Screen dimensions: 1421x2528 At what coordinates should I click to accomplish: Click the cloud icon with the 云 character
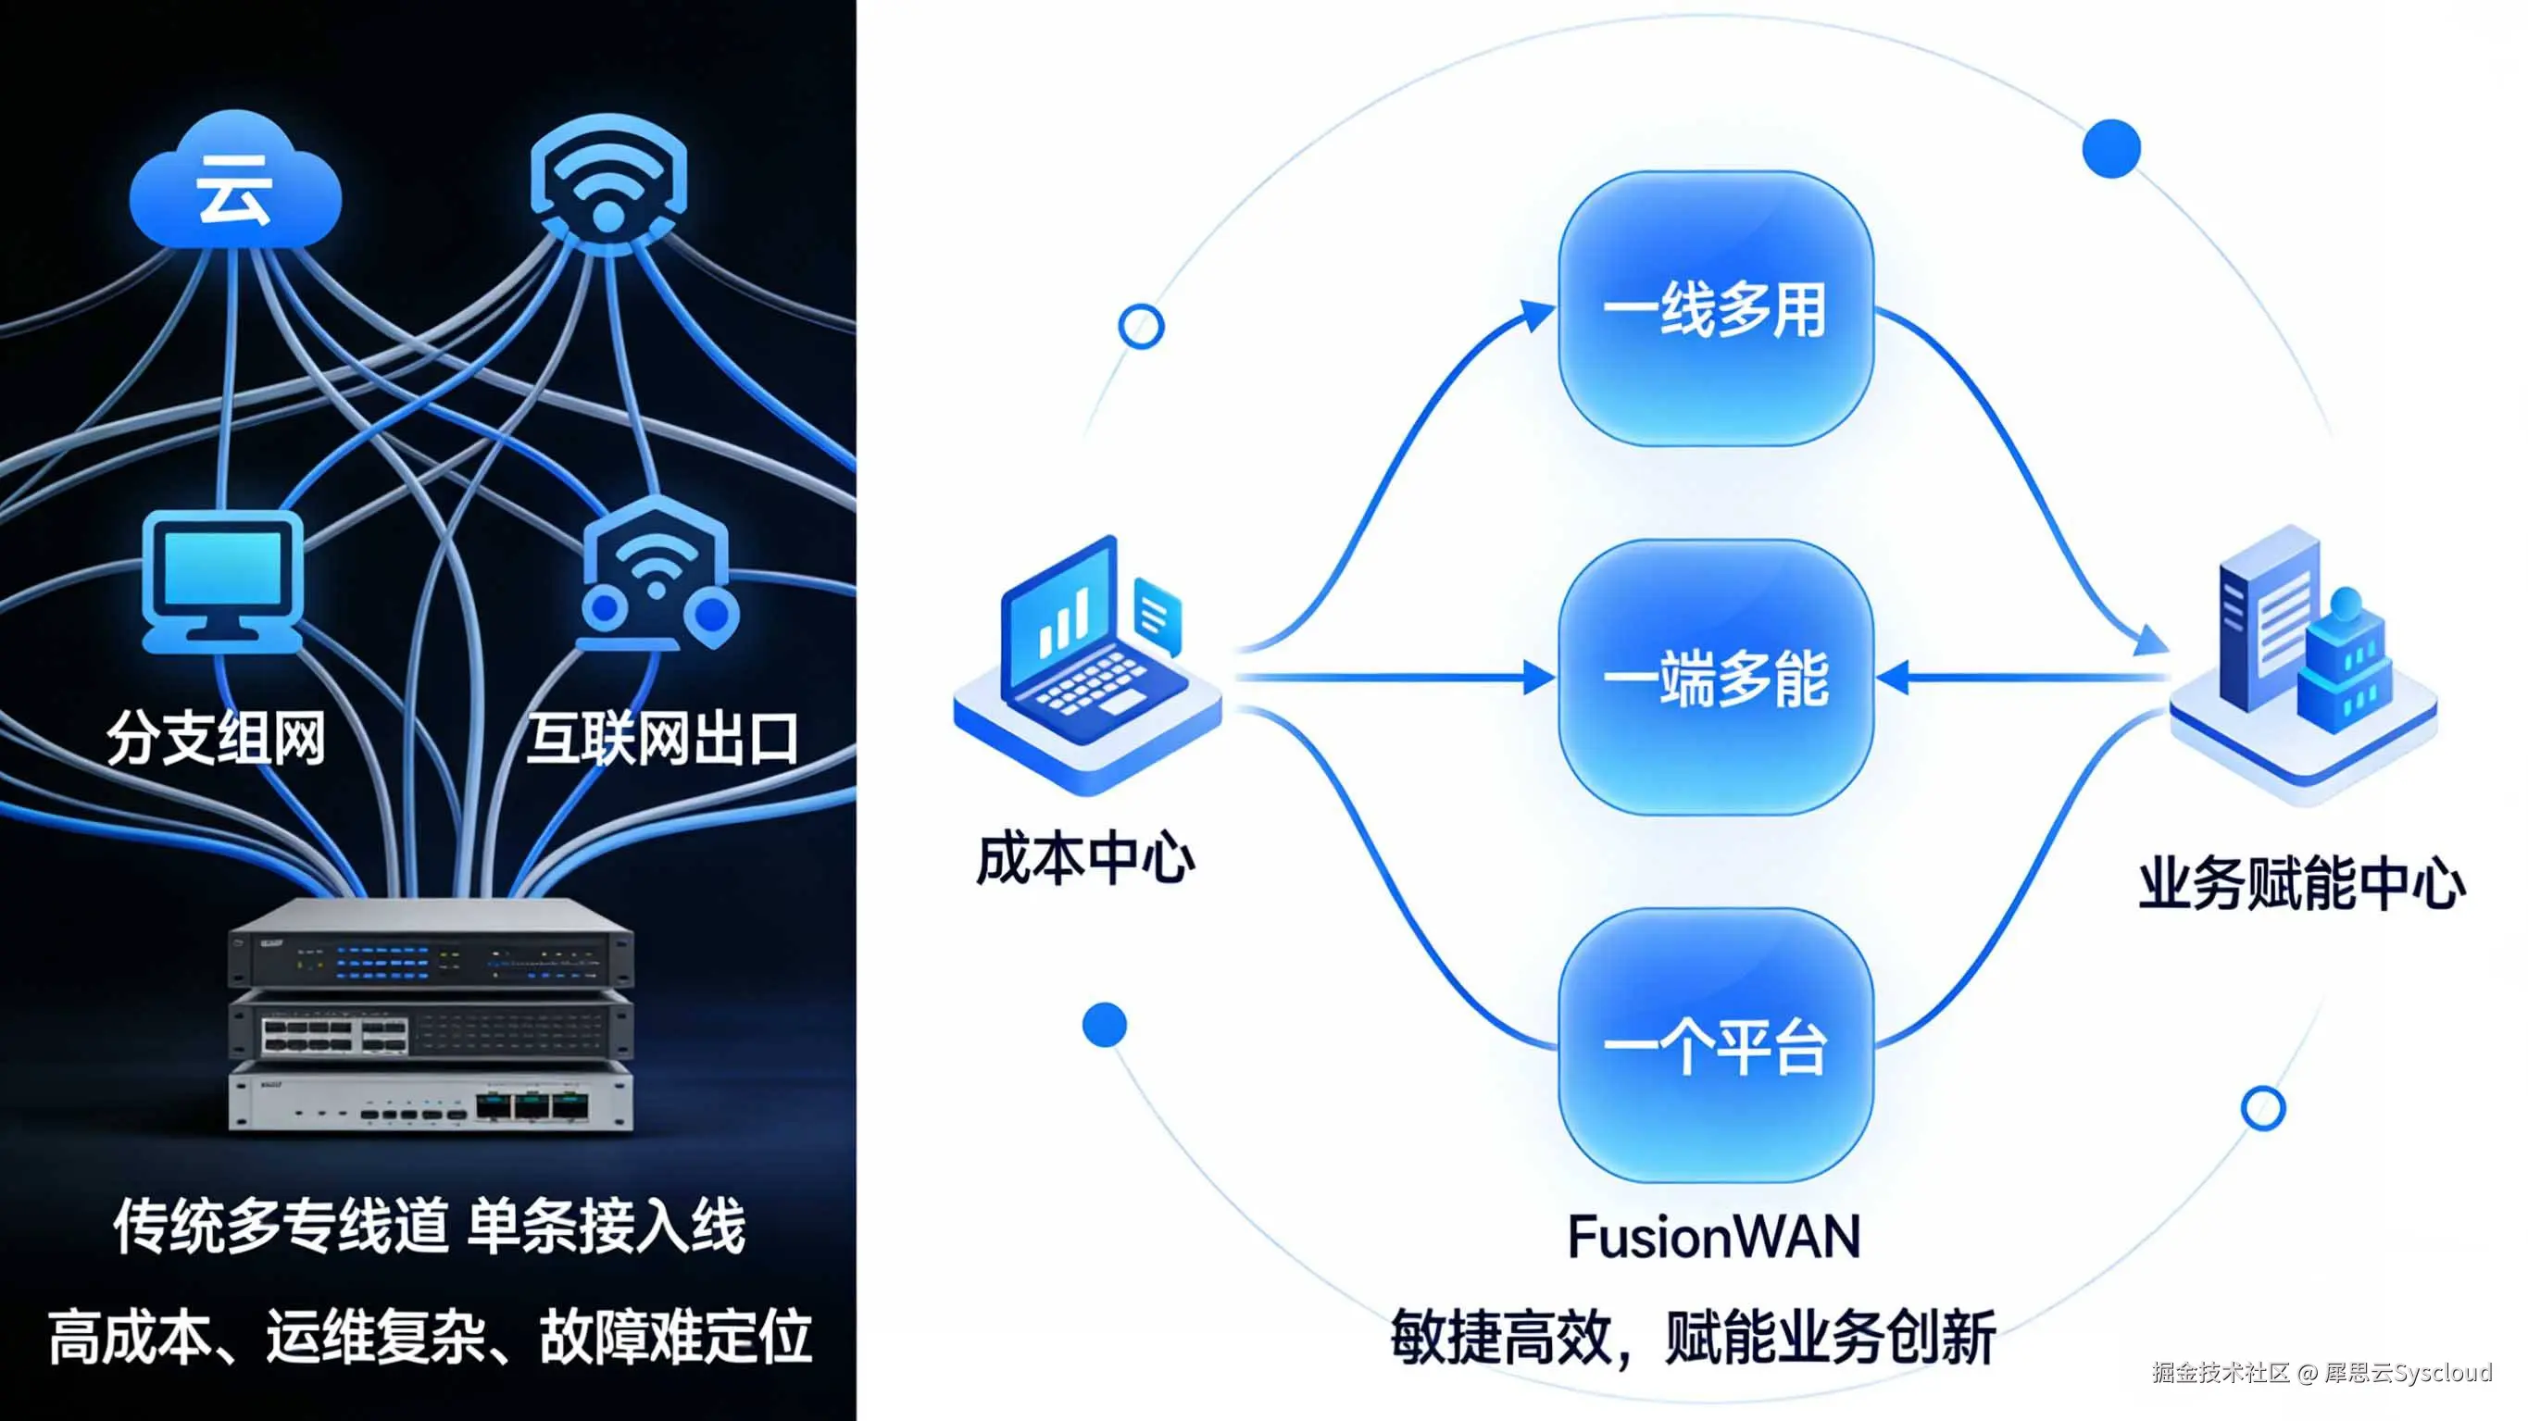[235, 181]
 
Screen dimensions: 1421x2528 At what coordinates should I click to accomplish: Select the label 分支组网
[216, 738]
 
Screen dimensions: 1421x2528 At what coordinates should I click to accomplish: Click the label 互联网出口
[662, 738]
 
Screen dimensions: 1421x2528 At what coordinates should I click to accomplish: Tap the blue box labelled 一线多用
[1715, 309]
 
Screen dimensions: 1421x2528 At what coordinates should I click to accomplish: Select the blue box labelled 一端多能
[1715, 677]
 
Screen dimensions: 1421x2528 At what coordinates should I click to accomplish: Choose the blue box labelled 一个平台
[1715, 1045]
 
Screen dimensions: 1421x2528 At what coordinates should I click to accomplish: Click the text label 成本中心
[1085, 860]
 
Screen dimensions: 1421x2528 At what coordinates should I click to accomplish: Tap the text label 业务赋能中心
[2301, 883]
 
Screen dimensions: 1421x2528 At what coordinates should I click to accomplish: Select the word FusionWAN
[1713, 1237]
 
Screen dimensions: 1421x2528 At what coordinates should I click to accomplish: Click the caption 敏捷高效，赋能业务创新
[1693, 1337]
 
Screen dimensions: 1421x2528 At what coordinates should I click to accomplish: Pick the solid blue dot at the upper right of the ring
[2111, 148]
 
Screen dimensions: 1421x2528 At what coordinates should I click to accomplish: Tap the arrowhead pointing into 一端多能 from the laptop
[1539, 677]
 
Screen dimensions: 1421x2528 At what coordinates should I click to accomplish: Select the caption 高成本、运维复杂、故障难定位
[430, 1337]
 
